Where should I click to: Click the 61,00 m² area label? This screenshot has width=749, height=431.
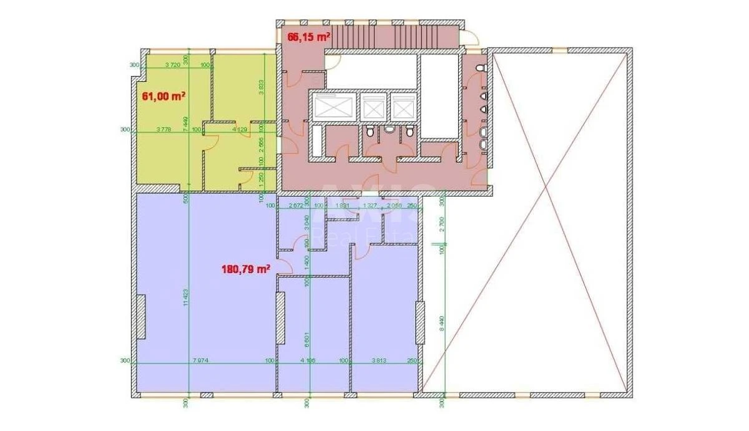(164, 96)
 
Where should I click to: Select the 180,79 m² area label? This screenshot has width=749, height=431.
(245, 269)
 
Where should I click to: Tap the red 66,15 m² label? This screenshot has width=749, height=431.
(308, 37)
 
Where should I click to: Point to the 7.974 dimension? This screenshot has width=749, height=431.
(201, 359)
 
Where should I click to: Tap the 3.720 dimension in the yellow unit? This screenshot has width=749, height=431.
(172, 64)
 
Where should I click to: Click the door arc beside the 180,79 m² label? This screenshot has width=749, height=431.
(285, 267)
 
